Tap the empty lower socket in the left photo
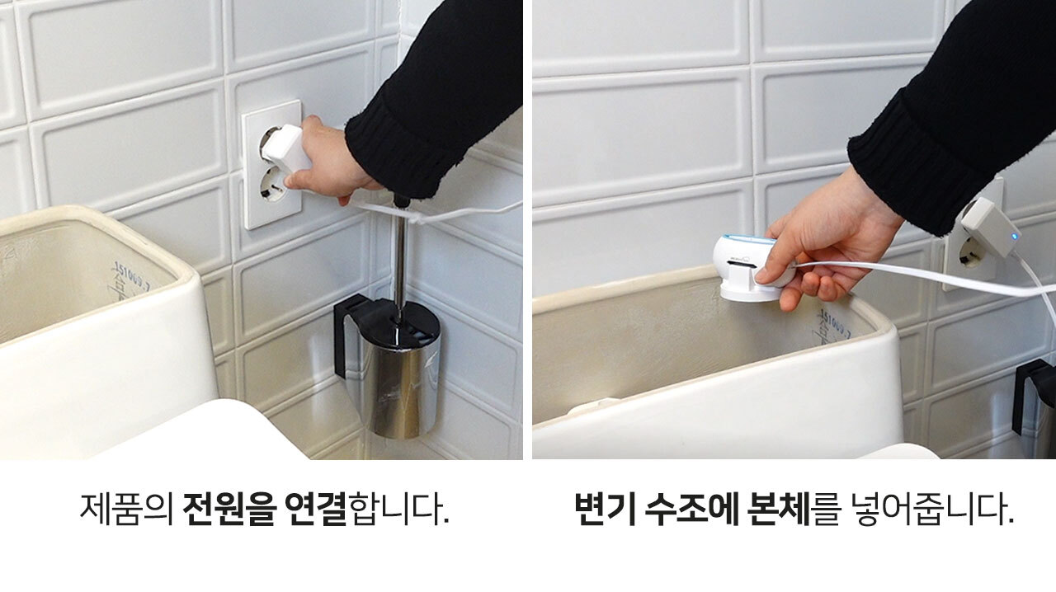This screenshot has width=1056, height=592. coord(272,186)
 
